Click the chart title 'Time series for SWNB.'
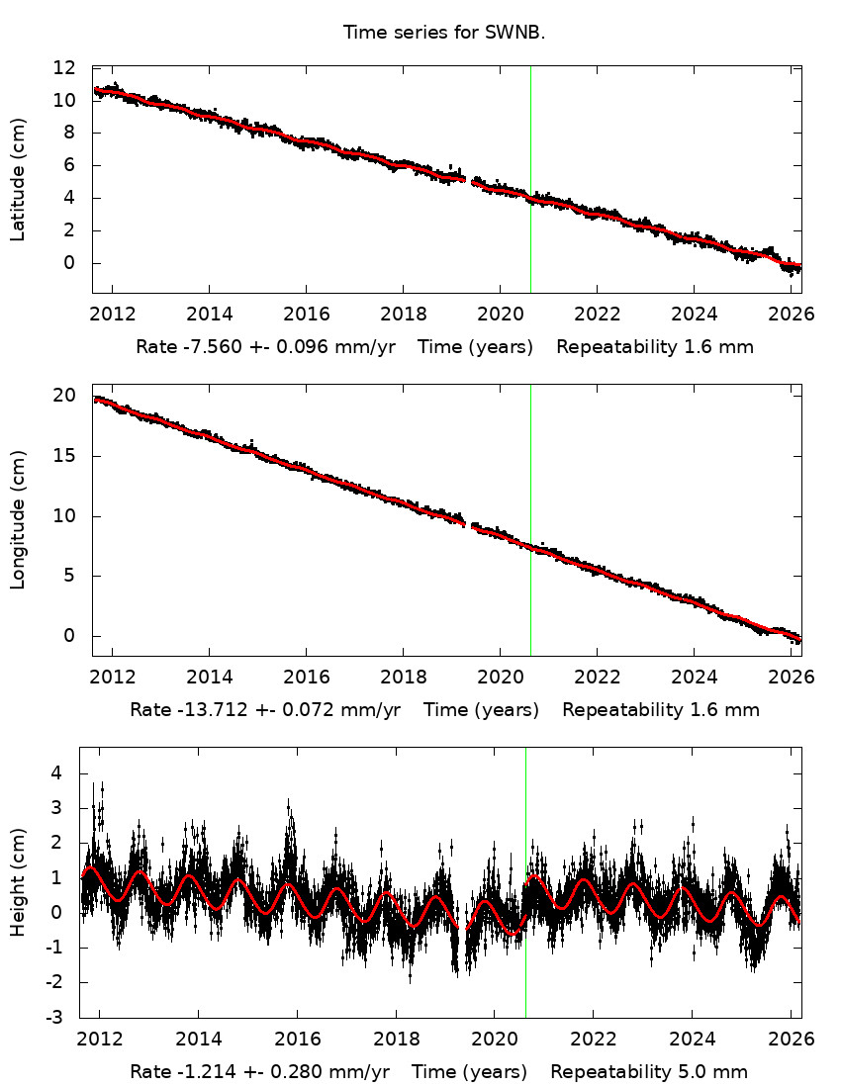(444, 33)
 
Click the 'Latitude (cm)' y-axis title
(18, 179)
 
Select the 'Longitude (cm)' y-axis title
(18, 519)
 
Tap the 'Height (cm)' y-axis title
(18, 882)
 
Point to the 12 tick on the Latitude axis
(65, 68)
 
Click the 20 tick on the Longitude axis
(65, 396)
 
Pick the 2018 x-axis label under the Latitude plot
(403, 314)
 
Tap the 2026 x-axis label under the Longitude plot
(791, 678)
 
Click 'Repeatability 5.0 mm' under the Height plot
(649, 1072)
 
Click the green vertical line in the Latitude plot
(530, 148)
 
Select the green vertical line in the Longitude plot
(530, 465)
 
